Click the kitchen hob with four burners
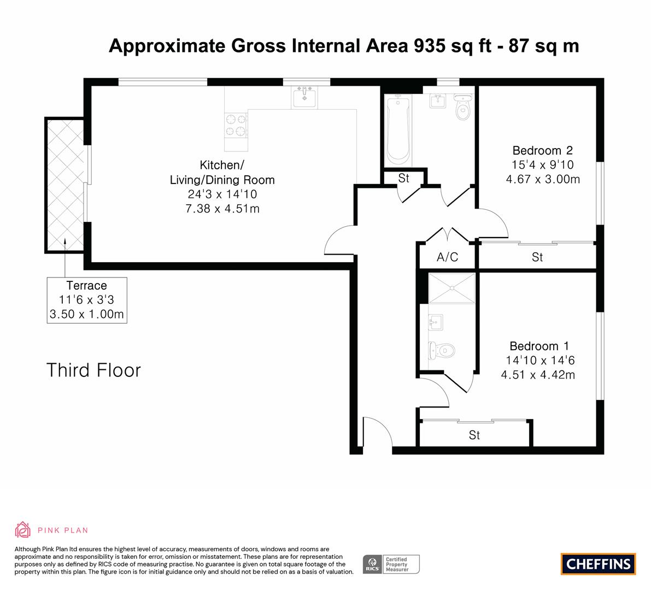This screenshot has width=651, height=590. pyautogui.click(x=236, y=126)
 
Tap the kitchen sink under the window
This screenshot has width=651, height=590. pyautogui.click(x=304, y=98)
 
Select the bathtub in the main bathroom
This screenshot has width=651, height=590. pyautogui.click(x=398, y=130)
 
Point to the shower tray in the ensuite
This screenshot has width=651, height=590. pyautogui.click(x=451, y=288)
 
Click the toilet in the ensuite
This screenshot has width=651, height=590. pyautogui.click(x=441, y=351)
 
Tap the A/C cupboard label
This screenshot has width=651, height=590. pyautogui.click(x=447, y=257)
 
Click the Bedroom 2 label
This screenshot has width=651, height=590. pyautogui.click(x=543, y=150)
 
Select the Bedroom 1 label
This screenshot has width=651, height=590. pyautogui.click(x=539, y=346)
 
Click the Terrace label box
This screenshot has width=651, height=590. pyautogui.click(x=87, y=300)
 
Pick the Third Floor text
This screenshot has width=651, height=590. pyautogui.click(x=93, y=370)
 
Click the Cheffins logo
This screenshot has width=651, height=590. pyautogui.click(x=599, y=564)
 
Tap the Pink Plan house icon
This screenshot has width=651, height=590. pyautogui.click(x=22, y=530)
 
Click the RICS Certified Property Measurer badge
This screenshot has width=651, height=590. pyautogui.click(x=391, y=564)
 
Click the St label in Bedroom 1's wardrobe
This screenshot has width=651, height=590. pyautogui.click(x=474, y=435)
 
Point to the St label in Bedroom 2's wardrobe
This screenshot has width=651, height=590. pyautogui.click(x=537, y=257)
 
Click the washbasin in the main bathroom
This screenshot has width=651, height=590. pyautogui.click(x=438, y=101)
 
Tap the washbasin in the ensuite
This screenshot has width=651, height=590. pyautogui.click(x=436, y=322)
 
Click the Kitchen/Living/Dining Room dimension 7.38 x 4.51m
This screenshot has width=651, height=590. pyautogui.click(x=222, y=208)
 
